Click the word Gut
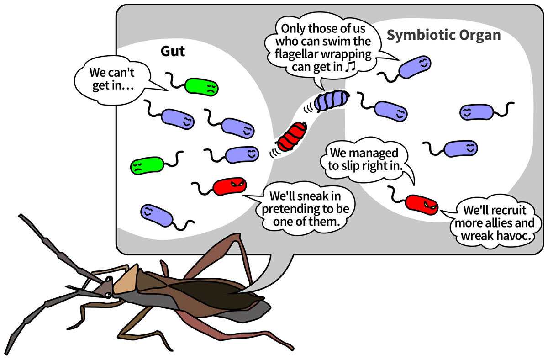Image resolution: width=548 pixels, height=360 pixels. pyautogui.click(x=173, y=51)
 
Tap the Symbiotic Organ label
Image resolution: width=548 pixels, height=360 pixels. pyautogui.click(x=443, y=36)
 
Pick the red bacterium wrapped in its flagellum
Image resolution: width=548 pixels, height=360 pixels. pyautogui.click(x=292, y=137)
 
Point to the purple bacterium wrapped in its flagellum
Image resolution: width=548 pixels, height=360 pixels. pyautogui.click(x=332, y=101)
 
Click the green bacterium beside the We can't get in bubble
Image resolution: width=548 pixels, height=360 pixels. pyautogui.click(x=201, y=87)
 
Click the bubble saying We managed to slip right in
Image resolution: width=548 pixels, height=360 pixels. pyautogui.click(x=364, y=159)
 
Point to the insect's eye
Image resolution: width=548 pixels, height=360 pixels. pyautogui.click(x=108, y=296)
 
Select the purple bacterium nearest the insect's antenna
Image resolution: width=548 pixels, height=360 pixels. pyautogui.click(x=157, y=215)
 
